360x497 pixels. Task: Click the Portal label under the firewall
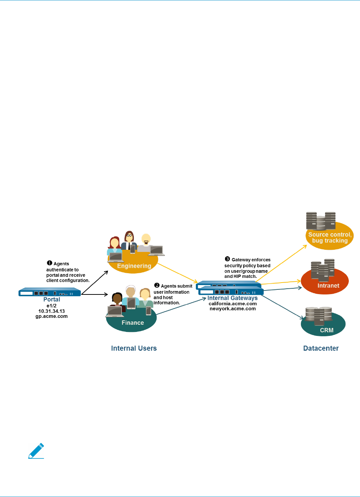click(52, 299)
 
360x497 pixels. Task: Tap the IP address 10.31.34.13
click(52, 311)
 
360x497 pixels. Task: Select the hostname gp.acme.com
click(52, 316)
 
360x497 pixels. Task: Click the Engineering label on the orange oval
click(134, 266)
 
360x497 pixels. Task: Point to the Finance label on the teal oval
click(133, 323)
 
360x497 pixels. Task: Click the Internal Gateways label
click(232, 298)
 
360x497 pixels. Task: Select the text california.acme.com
click(233, 303)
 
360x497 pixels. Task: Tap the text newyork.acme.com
click(233, 309)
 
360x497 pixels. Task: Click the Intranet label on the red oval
click(328, 286)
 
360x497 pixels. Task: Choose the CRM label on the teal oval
click(326, 330)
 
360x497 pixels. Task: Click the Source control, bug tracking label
click(330, 238)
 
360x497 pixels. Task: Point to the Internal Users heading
click(134, 348)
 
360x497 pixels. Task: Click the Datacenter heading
click(321, 348)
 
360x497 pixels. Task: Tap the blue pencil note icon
click(36, 451)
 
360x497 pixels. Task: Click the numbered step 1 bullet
click(49, 263)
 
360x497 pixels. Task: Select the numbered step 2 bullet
click(157, 285)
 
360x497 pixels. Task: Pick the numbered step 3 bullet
click(227, 259)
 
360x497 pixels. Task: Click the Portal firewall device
click(50, 292)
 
